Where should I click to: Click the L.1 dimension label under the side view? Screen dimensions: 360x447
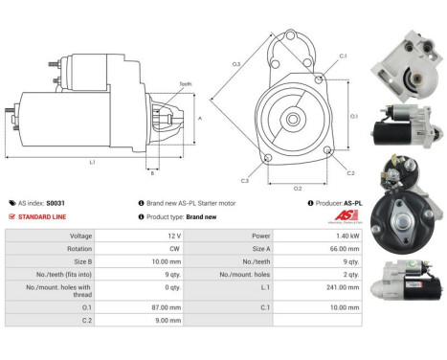pyautogui.click(x=91, y=162)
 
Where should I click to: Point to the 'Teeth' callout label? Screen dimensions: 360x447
pyautogui.click(x=185, y=84)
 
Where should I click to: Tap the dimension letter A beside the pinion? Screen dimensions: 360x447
pyautogui.click(x=199, y=118)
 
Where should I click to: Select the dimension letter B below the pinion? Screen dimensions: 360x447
pyautogui.click(x=152, y=173)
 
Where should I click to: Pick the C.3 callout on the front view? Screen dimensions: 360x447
pyautogui.click(x=245, y=180)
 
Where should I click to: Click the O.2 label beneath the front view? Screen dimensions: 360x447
pyautogui.click(x=298, y=188)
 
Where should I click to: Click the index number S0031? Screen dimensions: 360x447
pyautogui.click(x=57, y=203)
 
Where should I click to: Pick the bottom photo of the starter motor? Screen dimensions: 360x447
pyautogui.click(x=406, y=283)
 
